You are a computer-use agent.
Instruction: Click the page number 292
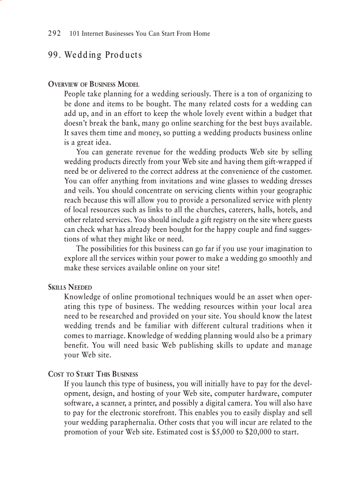tap(54, 33)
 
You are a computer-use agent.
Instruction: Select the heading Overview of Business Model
tap(94, 84)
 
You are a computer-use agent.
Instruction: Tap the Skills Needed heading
tap(70, 287)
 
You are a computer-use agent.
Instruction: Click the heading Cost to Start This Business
tap(93, 374)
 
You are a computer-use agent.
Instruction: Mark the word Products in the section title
tap(124, 55)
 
